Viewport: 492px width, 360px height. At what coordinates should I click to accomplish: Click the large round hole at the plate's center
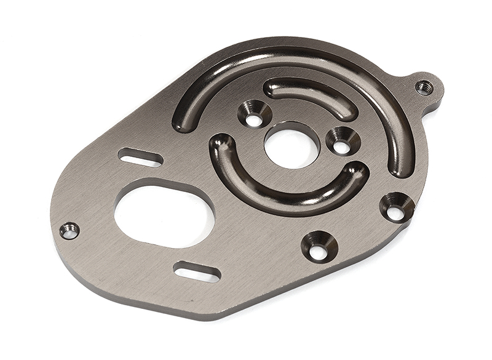click(x=292, y=146)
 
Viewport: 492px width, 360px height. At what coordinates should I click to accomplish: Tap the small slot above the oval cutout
click(x=141, y=157)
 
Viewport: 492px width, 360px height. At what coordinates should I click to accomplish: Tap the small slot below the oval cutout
click(x=197, y=271)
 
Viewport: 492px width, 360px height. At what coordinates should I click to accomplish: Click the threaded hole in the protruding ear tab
click(x=424, y=87)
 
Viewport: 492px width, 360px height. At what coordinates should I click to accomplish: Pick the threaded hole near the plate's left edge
click(x=69, y=231)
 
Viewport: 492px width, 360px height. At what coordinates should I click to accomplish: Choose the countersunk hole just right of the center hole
click(x=343, y=142)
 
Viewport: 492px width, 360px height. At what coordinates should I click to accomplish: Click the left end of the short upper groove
click(x=272, y=88)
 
